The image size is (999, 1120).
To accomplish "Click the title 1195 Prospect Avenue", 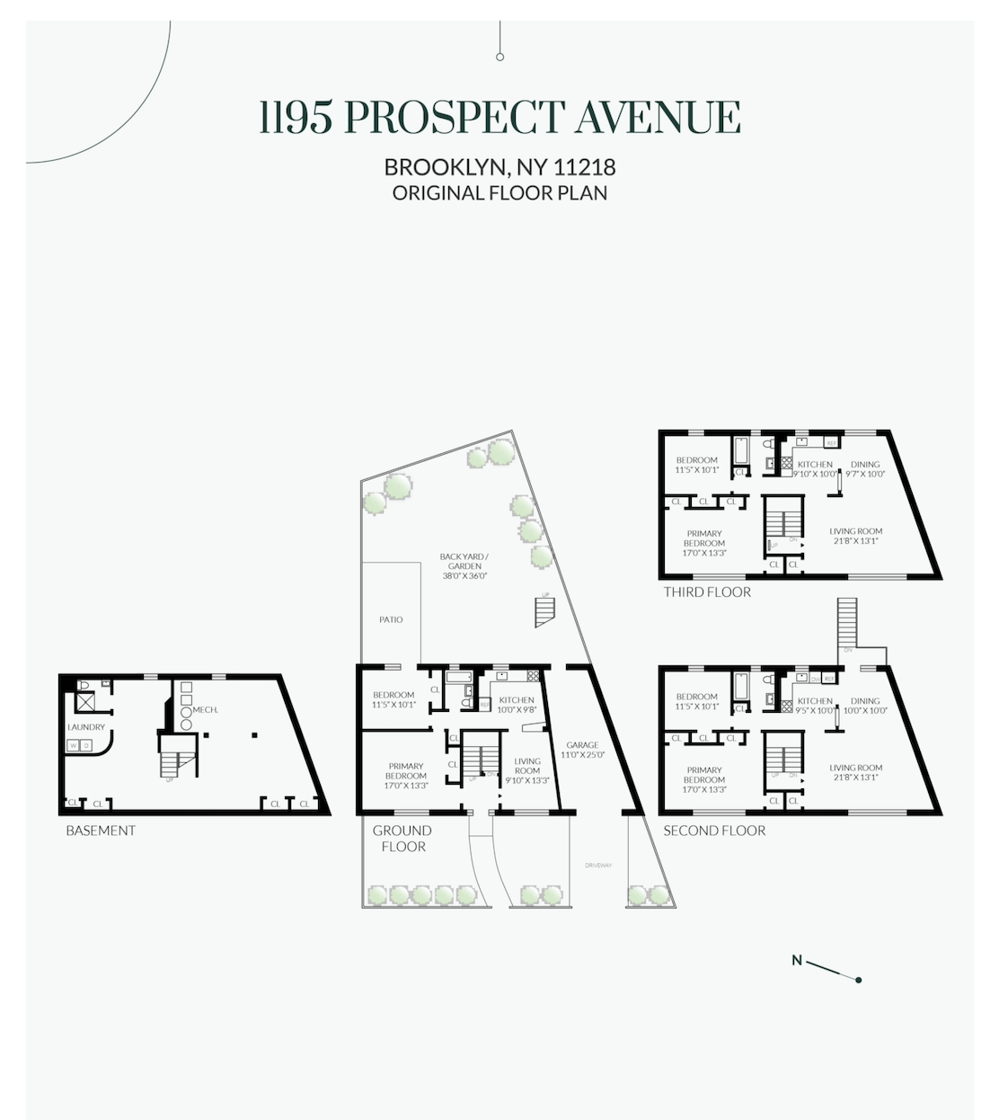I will tap(499, 118).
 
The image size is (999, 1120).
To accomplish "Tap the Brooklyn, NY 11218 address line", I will tap(499, 168).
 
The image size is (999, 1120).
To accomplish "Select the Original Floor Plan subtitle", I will tap(499, 192).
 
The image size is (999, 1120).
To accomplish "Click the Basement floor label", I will tap(101, 831).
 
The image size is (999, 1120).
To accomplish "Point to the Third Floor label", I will tap(707, 592).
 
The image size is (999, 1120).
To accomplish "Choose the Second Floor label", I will tap(714, 831).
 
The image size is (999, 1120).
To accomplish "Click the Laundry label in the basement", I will tap(86, 727).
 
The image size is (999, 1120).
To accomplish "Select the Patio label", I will tap(391, 619).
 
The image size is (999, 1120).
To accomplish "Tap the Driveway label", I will tap(597, 866).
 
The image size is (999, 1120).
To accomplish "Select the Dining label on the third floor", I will tap(865, 465).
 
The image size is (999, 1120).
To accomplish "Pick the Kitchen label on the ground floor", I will tap(517, 700).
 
